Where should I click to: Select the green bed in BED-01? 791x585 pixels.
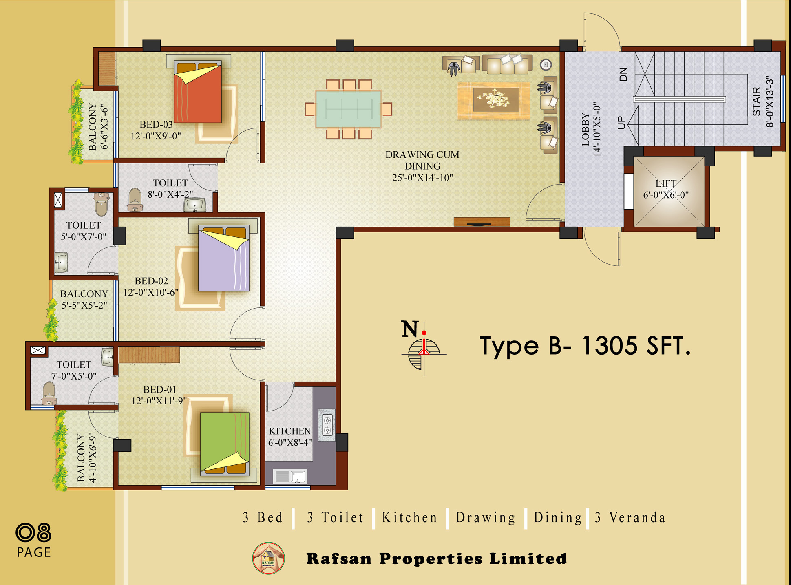click(x=225, y=444)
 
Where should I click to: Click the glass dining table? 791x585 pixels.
click(x=348, y=109)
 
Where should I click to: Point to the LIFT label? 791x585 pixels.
click(x=666, y=183)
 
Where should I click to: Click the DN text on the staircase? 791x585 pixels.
click(x=623, y=75)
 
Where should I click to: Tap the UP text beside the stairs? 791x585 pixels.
click(x=621, y=122)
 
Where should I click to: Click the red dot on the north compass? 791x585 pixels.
click(x=424, y=333)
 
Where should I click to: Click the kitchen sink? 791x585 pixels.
click(x=298, y=476)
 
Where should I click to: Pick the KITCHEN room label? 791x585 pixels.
click(x=290, y=431)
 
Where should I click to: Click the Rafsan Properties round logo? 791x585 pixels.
click(x=268, y=558)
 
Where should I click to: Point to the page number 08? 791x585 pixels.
click(x=33, y=532)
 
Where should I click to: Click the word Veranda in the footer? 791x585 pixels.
click(x=637, y=517)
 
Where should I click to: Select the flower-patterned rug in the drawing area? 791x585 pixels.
click(x=493, y=101)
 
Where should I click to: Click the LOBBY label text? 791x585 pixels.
click(x=586, y=129)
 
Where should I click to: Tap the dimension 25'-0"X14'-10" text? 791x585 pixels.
click(x=422, y=178)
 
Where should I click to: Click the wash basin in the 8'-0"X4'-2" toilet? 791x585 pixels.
click(x=195, y=205)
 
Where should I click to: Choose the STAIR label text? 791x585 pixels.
click(x=757, y=102)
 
